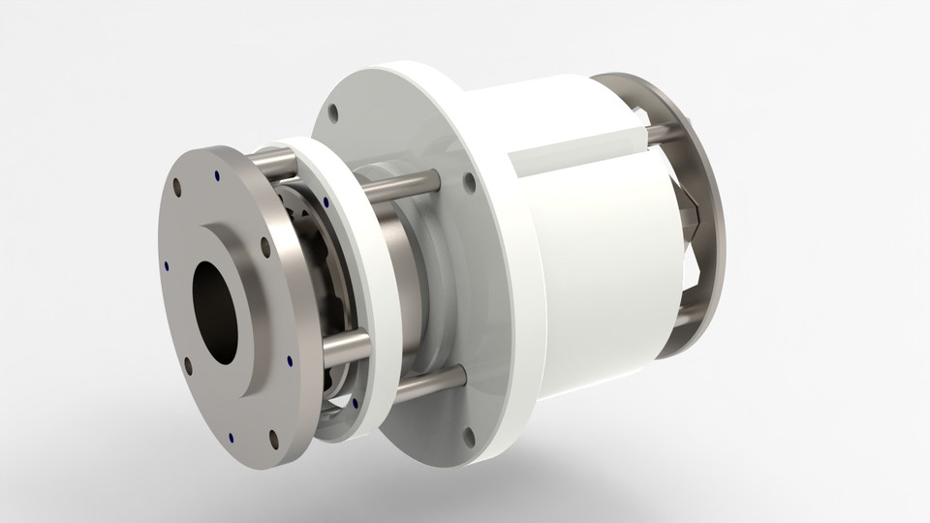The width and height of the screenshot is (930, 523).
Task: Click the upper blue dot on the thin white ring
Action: [x=325, y=202]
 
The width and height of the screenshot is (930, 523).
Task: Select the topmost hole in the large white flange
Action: [x=334, y=114]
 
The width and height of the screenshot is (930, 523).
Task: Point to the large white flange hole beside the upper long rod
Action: [x=469, y=181]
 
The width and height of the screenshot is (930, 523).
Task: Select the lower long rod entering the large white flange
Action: [x=417, y=385]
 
